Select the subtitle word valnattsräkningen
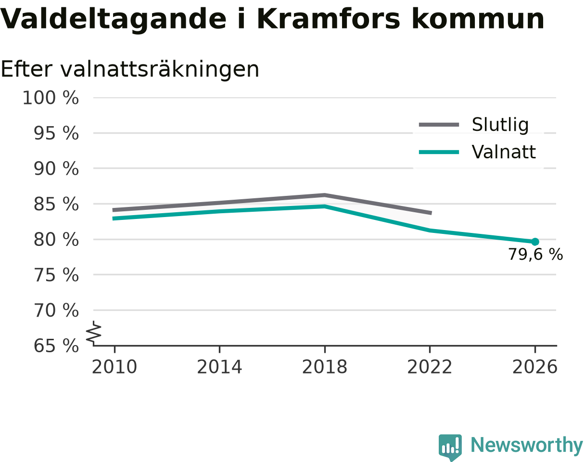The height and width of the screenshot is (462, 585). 160,70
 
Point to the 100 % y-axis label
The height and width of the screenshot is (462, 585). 51,98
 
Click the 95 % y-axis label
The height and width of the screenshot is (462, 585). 56,133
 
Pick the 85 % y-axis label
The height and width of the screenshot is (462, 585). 56,204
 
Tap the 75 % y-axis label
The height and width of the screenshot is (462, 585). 56,275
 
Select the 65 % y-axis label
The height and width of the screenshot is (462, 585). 56,346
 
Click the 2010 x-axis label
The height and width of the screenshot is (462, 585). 114,367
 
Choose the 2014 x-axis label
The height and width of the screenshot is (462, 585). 219,367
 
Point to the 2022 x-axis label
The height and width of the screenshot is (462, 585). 430,367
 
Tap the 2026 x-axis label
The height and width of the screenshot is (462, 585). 534,367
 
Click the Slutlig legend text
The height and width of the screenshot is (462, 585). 500,125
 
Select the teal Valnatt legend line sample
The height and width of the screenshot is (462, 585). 439,152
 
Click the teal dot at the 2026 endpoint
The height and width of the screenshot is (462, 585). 535,242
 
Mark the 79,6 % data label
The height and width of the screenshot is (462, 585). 535,255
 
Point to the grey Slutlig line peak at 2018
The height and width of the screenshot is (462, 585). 325,195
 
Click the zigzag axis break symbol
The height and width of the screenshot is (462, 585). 94,332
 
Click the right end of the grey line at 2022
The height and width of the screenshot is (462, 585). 431,213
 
